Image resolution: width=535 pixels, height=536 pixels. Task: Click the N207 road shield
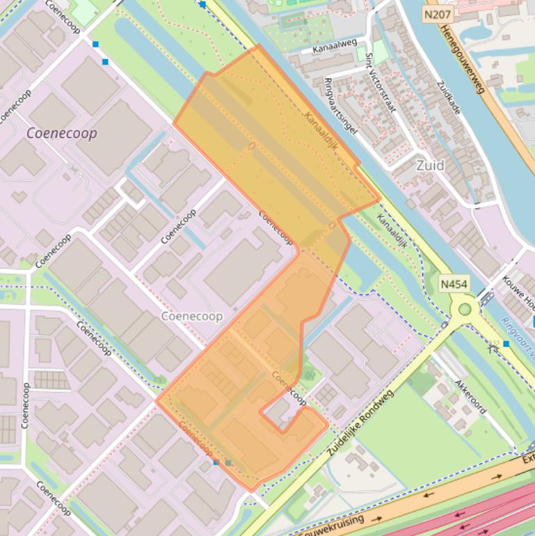click(438, 14)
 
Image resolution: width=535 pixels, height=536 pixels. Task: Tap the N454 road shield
click(454, 284)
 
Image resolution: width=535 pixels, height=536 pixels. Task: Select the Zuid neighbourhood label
click(430, 166)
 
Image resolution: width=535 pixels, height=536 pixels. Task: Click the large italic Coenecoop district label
click(61, 133)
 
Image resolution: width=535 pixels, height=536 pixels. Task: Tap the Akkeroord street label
click(470, 397)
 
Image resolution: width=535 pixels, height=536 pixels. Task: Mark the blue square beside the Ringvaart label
click(506, 344)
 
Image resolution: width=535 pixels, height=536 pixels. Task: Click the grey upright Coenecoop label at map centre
click(192, 316)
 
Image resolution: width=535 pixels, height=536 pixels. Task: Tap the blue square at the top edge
click(202, 4)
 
